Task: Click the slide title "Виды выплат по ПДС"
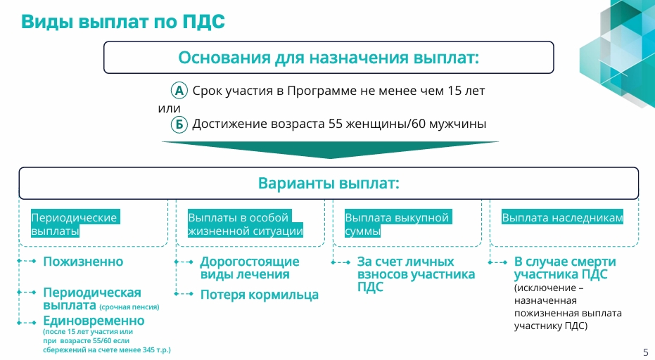[123, 22]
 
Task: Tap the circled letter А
[179, 90]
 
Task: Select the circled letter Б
[179, 124]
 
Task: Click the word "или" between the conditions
[169, 108]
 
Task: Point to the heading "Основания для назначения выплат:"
[329, 58]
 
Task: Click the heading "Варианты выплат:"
[329, 184]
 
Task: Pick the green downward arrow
[330, 150]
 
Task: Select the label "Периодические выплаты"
[75, 224]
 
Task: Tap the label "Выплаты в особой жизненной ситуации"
[246, 224]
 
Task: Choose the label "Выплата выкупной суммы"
[398, 224]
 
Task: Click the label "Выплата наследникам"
[562, 217]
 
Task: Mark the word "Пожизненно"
[83, 262]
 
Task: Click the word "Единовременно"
[94, 321]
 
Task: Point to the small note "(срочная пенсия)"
[129, 307]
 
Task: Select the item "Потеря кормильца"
[260, 295]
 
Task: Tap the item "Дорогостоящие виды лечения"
[250, 268]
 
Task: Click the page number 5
[646, 352]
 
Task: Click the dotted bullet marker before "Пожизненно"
[27, 261]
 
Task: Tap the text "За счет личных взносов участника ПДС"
[416, 274]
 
